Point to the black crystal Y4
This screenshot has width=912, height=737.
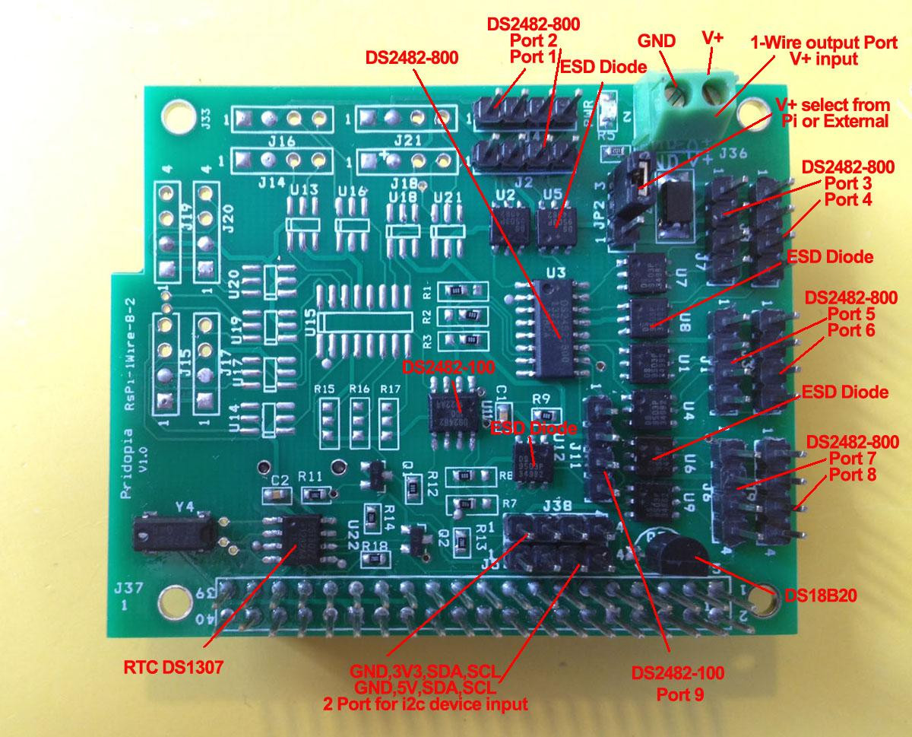pos(172,532)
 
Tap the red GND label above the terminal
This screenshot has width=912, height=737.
pos(657,41)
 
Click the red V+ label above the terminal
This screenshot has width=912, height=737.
pos(712,37)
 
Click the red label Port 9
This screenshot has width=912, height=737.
pos(679,694)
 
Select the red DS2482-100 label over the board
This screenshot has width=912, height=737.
pos(449,367)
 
